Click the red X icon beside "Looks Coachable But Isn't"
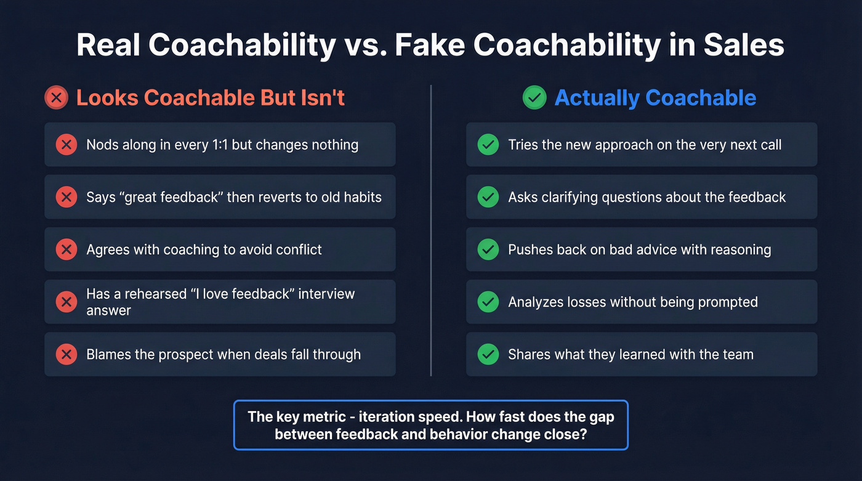(x=57, y=98)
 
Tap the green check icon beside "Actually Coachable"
(x=534, y=98)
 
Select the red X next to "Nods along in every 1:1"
(x=66, y=145)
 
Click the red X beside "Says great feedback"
(x=66, y=197)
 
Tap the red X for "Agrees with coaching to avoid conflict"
(x=66, y=249)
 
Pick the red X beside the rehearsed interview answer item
(x=66, y=302)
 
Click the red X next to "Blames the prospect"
(x=66, y=354)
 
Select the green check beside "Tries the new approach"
(x=488, y=145)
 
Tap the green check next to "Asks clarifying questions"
(x=488, y=197)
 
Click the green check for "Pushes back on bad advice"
(x=488, y=249)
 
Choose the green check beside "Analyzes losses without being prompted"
(x=488, y=302)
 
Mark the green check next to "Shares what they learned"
(x=488, y=354)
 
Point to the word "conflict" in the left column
(x=298, y=249)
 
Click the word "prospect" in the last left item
(x=186, y=355)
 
